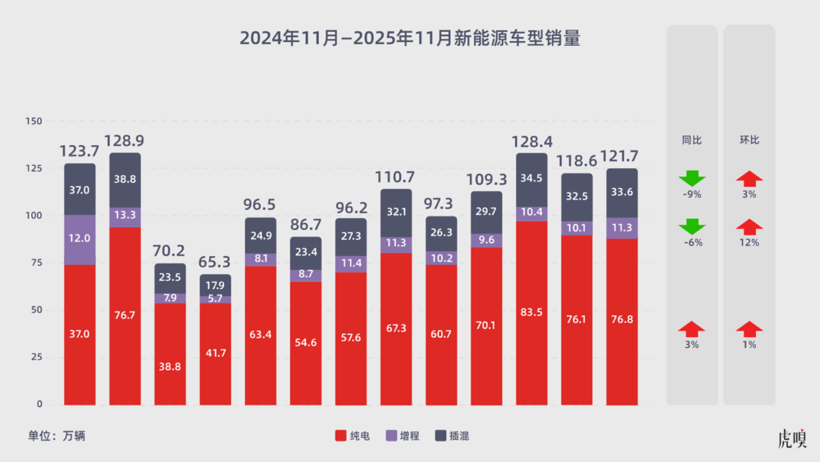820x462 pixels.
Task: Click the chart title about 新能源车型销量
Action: pyautogui.click(x=410, y=39)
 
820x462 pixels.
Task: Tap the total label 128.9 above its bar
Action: pyautogui.click(x=125, y=140)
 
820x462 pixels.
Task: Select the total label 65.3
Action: pyautogui.click(x=216, y=262)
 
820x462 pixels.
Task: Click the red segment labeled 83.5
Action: pyautogui.click(x=531, y=312)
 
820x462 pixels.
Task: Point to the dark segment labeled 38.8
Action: pyautogui.click(x=125, y=179)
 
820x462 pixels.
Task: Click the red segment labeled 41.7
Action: pyautogui.click(x=216, y=354)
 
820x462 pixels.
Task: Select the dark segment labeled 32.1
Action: pyautogui.click(x=396, y=212)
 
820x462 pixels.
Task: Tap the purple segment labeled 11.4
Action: pyautogui.click(x=351, y=263)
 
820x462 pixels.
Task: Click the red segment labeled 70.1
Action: pyautogui.click(x=486, y=325)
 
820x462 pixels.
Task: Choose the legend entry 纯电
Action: pyautogui.click(x=353, y=436)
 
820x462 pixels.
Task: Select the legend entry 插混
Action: pyautogui.click(x=452, y=436)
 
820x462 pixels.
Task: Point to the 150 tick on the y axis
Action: pyautogui.click(x=34, y=121)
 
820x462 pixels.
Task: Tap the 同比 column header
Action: pyautogui.click(x=692, y=140)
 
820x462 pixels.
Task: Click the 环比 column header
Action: pyautogui.click(x=749, y=140)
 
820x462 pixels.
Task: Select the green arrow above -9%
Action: pyautogui.click(x=692, y=178)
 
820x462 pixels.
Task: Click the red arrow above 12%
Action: pyautogui.click(x=749, y=226)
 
